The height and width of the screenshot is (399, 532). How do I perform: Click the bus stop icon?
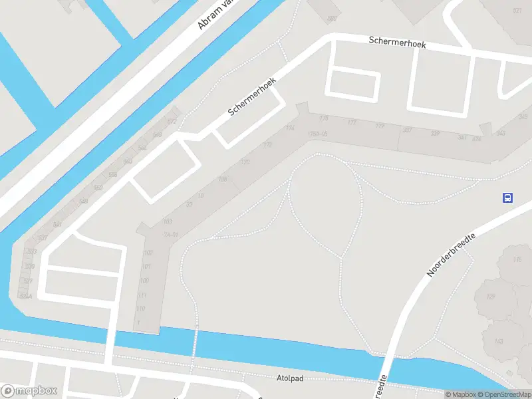coord(507,198)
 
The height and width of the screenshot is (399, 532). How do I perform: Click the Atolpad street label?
coord(289,378)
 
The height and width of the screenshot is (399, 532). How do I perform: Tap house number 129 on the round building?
coord(491,296)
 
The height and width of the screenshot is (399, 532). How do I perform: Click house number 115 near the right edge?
coord(517,260)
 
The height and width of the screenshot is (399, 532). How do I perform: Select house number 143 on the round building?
coord(499,342)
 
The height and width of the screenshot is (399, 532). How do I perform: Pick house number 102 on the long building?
coord(148,253)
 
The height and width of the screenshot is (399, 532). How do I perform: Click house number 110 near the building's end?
coord(140,309)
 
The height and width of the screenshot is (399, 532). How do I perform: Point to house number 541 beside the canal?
coord(57,224)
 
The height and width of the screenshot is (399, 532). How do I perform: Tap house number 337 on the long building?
coord(407,130)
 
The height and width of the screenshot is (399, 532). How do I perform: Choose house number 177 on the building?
coord(352,123)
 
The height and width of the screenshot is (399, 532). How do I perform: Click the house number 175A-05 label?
coord(318,134)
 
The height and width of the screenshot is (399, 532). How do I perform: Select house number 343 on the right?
coord(500,134)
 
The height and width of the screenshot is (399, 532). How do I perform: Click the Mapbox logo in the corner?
coord(29,391)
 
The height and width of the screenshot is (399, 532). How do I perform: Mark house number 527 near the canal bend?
coord(29,281)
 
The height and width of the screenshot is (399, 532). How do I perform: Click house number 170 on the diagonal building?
coord(245,162)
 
